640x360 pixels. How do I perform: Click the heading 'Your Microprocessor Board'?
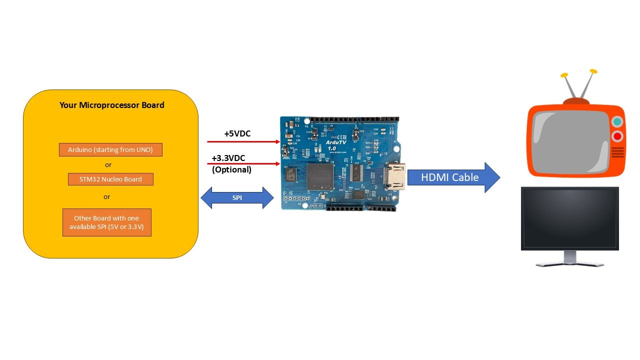point(111,105)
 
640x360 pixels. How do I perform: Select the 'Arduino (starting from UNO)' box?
point(110,149)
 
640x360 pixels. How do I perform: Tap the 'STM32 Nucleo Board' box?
point(110,179)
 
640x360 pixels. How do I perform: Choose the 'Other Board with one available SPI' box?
point(106,222)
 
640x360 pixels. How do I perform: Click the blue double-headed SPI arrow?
point(237,198)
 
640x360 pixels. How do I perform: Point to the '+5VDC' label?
point(237,134)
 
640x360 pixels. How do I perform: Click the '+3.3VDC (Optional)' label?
point(231,163)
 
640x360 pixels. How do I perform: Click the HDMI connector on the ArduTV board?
point(394,177)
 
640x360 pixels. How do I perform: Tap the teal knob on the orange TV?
point(617,121)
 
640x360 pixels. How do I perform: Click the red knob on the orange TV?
point(617,136)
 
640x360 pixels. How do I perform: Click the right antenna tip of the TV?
point(593,71)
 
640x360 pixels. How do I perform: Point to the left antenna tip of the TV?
point(564,75)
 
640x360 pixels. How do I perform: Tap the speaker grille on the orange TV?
point(617,152)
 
